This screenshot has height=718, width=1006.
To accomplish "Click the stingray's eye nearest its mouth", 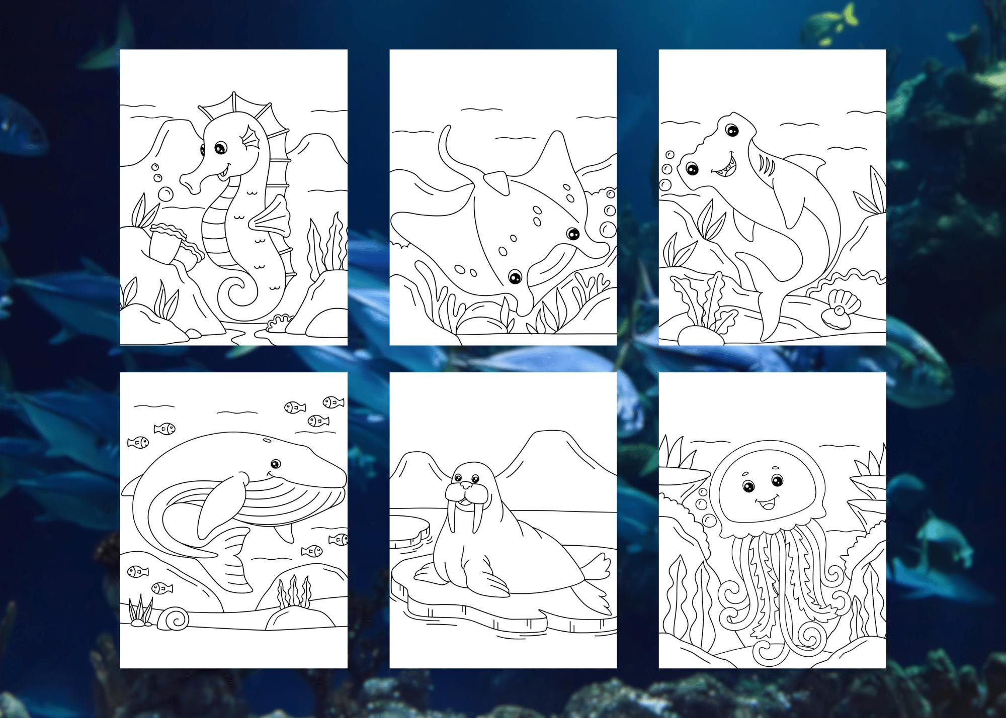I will (515, 276).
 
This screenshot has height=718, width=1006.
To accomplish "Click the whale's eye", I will (275, 463).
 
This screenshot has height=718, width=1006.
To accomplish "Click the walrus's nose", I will (467, 485).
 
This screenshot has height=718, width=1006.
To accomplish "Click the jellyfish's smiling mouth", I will (765, 502).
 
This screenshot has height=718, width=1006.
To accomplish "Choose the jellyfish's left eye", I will (748, 486).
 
